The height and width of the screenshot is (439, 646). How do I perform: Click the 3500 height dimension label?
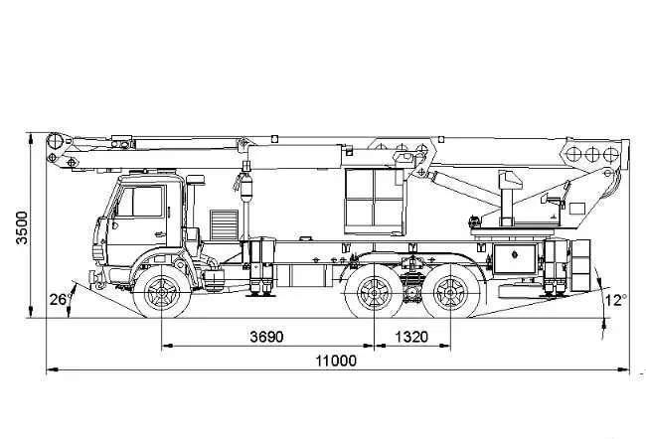(22, 227)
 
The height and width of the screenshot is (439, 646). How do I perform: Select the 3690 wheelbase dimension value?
(266, 337)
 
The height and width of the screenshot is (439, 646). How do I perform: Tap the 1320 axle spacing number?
(411, 337)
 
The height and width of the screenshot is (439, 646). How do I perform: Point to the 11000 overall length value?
(336, 362)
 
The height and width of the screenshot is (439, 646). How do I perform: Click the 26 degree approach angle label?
(58, 299)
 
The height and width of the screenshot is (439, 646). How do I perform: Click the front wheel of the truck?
(162, 292)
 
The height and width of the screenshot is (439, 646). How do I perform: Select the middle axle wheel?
(374, 292)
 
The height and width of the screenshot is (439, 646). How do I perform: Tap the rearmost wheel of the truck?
(451, 292)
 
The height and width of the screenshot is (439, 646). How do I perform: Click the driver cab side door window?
(141, 202)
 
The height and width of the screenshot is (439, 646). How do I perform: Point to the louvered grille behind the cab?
(224, 224)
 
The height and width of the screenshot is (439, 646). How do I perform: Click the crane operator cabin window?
(374, 202)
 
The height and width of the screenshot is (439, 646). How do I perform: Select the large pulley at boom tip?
(56, 141)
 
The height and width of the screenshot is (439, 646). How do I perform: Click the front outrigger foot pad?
(260, 294)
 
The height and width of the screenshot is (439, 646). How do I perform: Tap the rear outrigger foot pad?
(555, 294)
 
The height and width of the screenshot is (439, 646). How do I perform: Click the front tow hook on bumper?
(97, 279)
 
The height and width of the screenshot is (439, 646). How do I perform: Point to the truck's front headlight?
(98, 252)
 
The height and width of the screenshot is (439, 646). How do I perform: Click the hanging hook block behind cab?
(245, 185)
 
